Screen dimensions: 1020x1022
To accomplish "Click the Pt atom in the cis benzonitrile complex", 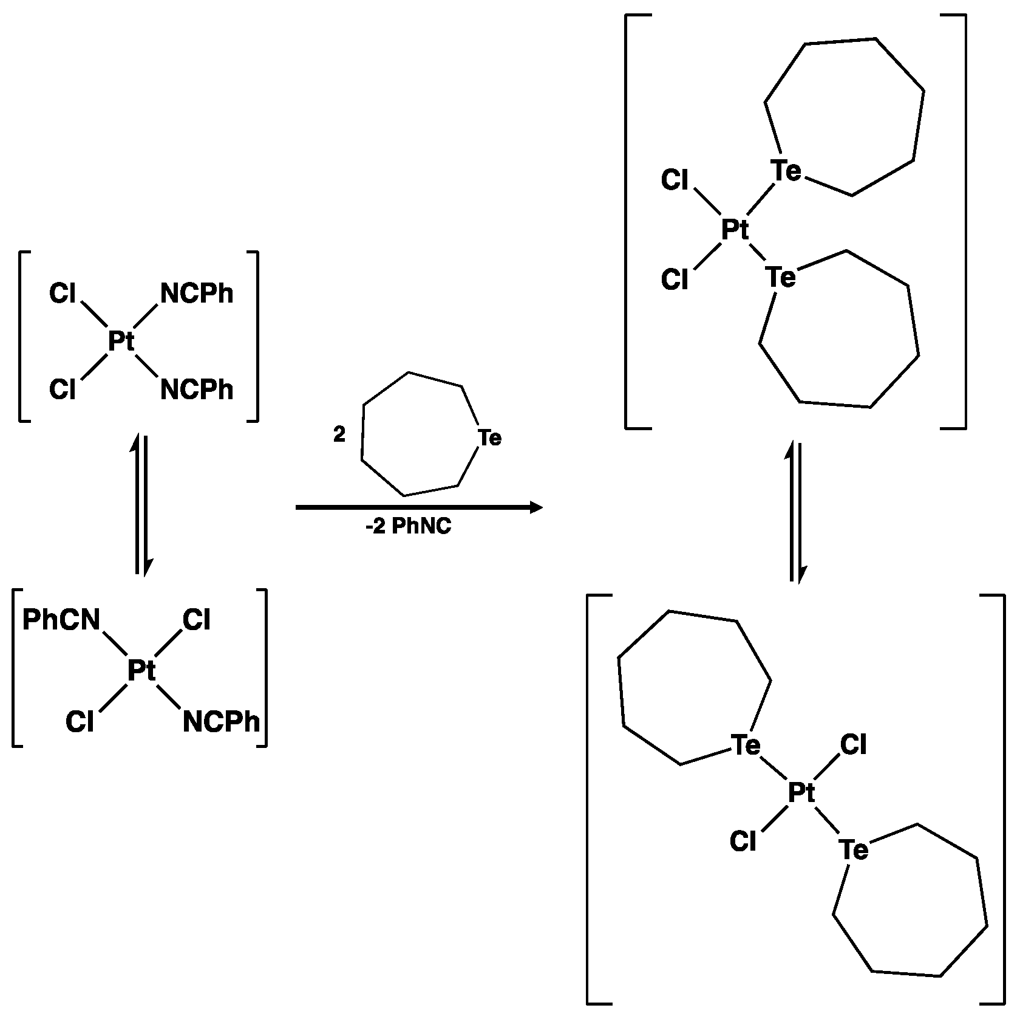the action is tap(121, 341).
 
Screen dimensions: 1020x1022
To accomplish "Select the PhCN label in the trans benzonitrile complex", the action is tap(61, 620).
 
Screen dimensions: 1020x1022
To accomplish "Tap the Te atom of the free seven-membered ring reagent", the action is tap(490, 437).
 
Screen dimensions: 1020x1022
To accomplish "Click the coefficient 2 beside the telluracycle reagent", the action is tap(339, 434).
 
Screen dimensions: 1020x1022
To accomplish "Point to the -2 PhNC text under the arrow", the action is tap(408, 526).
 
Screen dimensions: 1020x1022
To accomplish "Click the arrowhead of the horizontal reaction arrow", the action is tap(535, 507).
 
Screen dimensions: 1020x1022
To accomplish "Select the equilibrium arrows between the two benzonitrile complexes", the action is tap(140, 504).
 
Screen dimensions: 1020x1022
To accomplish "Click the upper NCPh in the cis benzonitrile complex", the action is tap(197, 294).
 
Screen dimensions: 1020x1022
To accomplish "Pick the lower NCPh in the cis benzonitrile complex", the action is tap(197, 389).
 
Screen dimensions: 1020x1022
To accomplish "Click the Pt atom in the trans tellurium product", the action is tap(801, 792).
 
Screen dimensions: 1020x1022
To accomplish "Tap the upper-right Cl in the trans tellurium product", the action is tap(854, 745).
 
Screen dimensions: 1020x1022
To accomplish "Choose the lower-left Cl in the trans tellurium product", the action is tap(743, 842).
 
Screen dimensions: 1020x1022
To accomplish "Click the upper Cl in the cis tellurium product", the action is tap(675, 180).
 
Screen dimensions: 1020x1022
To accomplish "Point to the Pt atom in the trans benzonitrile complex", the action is tap(141, 671).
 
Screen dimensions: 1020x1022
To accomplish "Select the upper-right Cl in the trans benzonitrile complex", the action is tap(197, 620).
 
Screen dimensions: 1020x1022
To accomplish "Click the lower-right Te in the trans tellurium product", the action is tap(854, 850).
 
